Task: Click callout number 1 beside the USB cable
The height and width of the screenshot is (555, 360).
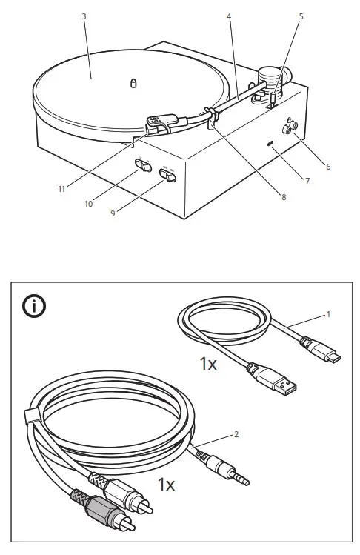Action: coord(328,314)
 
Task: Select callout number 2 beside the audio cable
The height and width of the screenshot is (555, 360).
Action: coord(236,434)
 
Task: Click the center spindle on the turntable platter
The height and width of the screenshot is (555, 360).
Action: coord(133,84)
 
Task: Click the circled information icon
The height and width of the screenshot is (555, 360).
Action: coord(34,305)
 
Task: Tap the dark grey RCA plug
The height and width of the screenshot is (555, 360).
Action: coord(96,512)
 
